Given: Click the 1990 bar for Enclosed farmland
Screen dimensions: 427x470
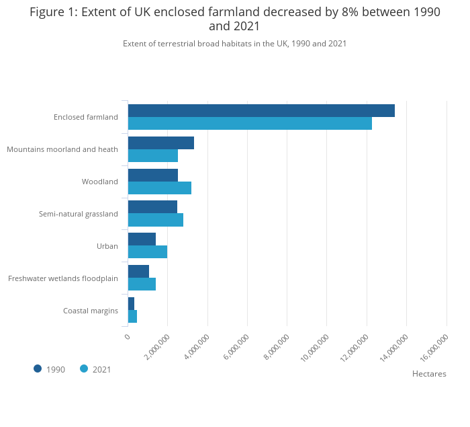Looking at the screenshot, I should [x=261, y=111].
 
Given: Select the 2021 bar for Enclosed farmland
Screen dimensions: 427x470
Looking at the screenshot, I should [x=250, y=124].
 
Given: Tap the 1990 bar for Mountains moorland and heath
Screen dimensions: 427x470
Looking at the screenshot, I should [x=161, y=143].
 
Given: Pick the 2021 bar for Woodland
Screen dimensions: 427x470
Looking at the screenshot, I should [x=160, y=188].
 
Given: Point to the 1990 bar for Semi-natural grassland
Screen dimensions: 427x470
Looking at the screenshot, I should [x=152, y=207].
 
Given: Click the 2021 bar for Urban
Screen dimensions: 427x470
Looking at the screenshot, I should [x=148, y=252].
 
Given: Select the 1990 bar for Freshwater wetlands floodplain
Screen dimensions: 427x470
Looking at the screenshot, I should [x=138, y=272].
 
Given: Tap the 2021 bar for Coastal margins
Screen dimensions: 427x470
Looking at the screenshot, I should [x=132, y=316].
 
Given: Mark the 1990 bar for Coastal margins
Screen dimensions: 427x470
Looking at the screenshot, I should [x=131, y=303].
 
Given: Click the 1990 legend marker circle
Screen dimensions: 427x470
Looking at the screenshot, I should [x=38, y=368].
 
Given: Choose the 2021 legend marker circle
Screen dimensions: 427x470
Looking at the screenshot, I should [x=84, y=368].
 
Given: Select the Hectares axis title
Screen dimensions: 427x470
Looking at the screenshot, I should [x=429, y=374].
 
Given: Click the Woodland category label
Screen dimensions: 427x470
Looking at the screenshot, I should [x=100, y=182].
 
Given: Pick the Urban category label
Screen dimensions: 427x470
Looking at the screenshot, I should [x=107, y=246].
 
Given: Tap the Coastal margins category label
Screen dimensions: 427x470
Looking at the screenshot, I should [x=91, y=311].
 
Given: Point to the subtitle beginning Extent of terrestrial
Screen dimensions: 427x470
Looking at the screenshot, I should [x=234, y=44].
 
